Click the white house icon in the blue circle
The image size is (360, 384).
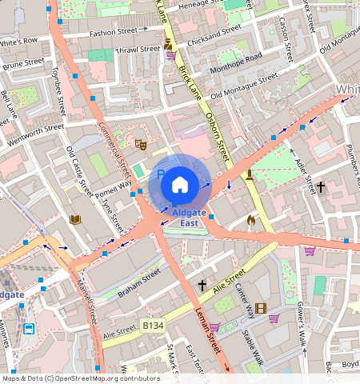pyautogui.click(x=180, y=185)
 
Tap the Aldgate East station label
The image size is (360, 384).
pyautogui.click(x=189, y=218)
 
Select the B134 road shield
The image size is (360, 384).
pyautogui.click(x=154, y=326)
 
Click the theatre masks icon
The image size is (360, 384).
pyautogui.click(x=139, y=144)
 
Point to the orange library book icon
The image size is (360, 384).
pyautogui.click(x=76, y=219)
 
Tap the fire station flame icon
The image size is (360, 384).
pyautogui.click(x=251, y=219)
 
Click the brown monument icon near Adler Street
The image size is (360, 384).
pyautogui.click(x=250, y=174)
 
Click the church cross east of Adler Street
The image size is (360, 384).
pyautogui.click(x=321, y=187)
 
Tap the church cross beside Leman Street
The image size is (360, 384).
pyautogui.click(x=202, y=285)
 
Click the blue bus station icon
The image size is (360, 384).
pyautogui.click(x=30, y=329)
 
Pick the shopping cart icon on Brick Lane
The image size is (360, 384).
pyautogui.click(x=170, y=54)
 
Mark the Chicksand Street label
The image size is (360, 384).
pyautogui.click(x=214, y=34)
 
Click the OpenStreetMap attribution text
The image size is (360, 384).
pyautogui.click(x=81, y=378)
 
